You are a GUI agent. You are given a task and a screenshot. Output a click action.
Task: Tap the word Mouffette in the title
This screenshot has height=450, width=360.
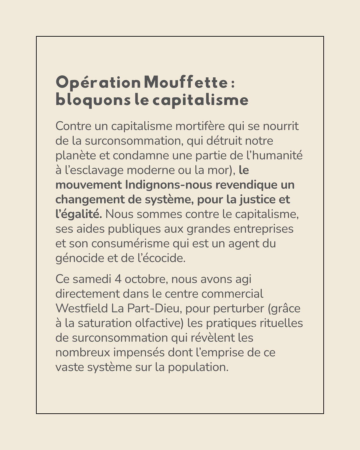186,83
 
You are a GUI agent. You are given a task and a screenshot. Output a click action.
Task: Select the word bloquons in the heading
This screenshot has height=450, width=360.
93,100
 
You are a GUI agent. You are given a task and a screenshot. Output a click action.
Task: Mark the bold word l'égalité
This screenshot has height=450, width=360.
79,214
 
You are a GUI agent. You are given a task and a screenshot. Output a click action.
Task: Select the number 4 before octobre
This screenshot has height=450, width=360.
118,279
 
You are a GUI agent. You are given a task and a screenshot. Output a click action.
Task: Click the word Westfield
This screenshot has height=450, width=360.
82,308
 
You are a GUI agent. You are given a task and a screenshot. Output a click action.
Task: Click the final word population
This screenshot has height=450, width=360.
198,367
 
